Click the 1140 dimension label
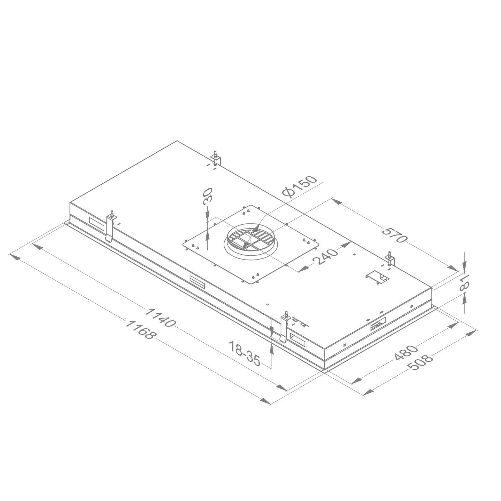click(x=160, y=318)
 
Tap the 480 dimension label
click(x=406, y=353)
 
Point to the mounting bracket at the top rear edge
click(x=216, y=158)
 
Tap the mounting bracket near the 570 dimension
click(x=390, y=259)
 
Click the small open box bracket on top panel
click(x=377, y=277)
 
